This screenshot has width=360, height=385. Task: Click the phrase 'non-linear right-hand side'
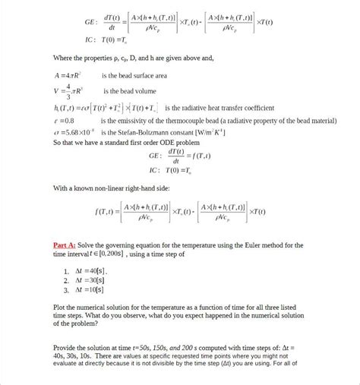133,187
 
